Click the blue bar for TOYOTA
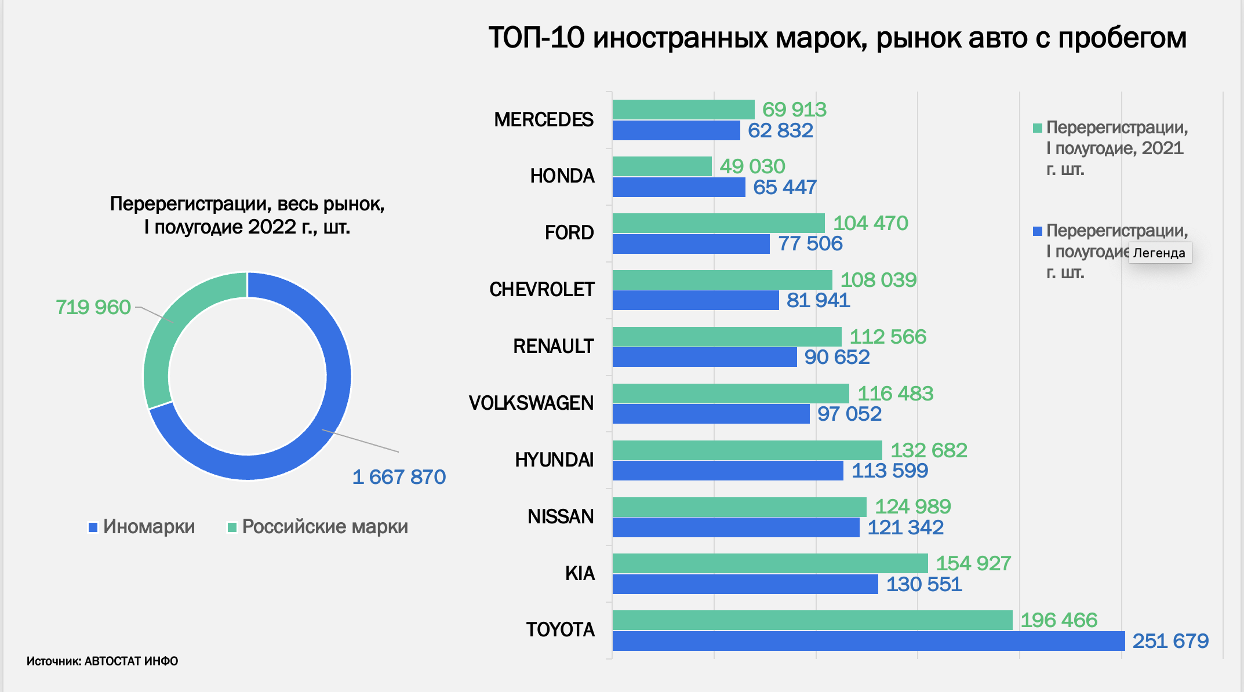pos(868,641)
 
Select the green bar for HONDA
pos(662,166)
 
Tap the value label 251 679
pos(1170,641)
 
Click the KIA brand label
pos(580,573)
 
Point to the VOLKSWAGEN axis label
pos(531,403)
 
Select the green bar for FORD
pos(718,223)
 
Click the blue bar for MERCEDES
pos(676,130)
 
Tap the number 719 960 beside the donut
pos(93,307)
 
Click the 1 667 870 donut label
pos(399,477)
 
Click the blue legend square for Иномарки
pos(93,527)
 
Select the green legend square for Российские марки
pos(232,527)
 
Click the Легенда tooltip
pos(1159,253)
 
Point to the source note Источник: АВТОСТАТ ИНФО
pos(102,661)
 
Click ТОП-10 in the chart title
pos(536,38)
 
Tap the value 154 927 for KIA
pos(973,563)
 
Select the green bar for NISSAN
pos(739,507)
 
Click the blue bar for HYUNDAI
pos(728,471)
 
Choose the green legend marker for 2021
pos(1038,128)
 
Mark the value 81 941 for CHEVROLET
pos(818,300)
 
